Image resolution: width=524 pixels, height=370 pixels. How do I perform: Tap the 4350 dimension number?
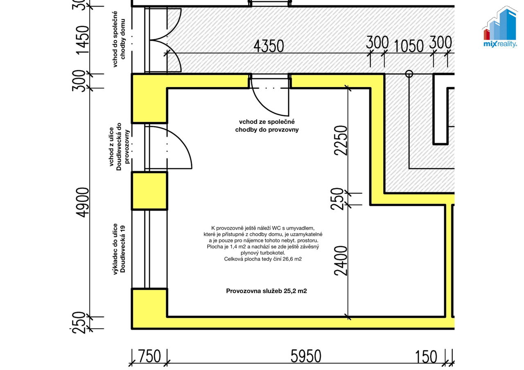coord(269,46)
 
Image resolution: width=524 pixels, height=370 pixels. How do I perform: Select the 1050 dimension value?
coord(409,46)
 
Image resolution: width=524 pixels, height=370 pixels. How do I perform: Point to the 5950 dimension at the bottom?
coord(306,357)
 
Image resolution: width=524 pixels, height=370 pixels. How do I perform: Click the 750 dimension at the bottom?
coord(150,357)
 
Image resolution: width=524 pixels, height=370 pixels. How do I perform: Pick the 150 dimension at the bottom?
coord(426,357)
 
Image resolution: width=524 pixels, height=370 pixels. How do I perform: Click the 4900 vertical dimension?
coord(83,202)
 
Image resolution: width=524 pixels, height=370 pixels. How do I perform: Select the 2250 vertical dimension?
coord(341,140)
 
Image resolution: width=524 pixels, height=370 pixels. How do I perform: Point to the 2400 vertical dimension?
coord(341,261)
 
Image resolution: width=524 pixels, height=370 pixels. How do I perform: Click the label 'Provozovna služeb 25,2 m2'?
coord(267,291)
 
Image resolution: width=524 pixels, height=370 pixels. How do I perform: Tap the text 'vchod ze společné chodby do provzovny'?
coord(267,126)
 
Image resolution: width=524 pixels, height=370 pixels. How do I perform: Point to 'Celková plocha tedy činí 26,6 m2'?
coord(263,259)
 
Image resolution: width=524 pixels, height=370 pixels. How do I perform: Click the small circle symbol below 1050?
coord(409,74)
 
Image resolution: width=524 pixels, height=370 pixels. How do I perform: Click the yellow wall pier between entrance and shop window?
coord(149,191)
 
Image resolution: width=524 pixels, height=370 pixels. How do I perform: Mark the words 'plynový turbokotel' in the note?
coord(263,253)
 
